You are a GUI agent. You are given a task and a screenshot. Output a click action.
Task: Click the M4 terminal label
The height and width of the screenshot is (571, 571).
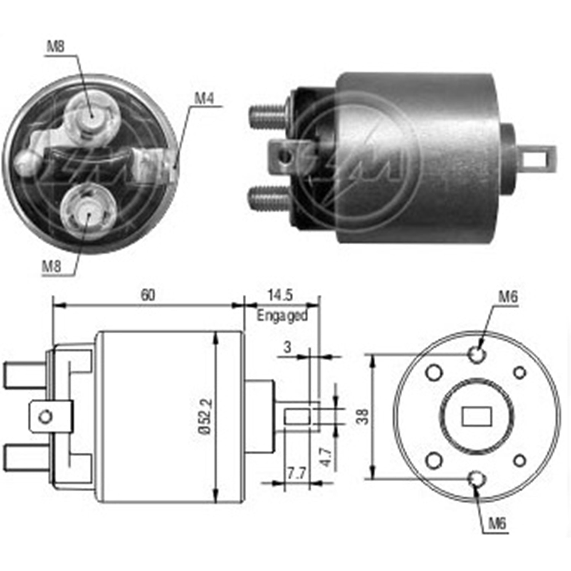pyautogui.click(x=204, y=99)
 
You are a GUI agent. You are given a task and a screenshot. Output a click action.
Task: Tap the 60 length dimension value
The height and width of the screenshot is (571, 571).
pyautogui.click(x=148, y=295)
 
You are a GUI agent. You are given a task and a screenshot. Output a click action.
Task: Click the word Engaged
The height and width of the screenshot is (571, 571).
pyautogui.click(x=282, y=316)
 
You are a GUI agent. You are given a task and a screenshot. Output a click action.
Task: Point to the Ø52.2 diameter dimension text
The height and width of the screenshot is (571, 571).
pyautogui.click(x=205, y=416)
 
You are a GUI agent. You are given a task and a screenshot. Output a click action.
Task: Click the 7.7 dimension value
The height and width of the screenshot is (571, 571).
pyautogui.click(x=296, y=474)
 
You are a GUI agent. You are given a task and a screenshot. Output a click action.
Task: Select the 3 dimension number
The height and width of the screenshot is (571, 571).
pyautogui.click(x=287, y=347)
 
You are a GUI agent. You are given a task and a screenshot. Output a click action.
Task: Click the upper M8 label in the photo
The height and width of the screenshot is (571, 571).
pyautogui.click(x=56, y=46)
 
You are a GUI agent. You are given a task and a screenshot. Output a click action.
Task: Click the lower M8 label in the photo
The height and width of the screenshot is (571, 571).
pyautogui.click(x=51, y=266)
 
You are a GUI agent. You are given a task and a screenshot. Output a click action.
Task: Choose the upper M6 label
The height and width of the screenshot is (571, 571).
pyautogui.click(x=508, y=297)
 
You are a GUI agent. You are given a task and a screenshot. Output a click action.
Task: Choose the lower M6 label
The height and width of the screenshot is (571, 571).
pyautogui.click(x=498, y=524)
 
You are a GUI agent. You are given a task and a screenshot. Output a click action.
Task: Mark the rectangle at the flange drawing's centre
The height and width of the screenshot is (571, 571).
pyautogui.click(x=476, y=416)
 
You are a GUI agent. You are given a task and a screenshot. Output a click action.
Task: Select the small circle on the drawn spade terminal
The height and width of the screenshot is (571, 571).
pyautogui.click(x=46, y=417)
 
